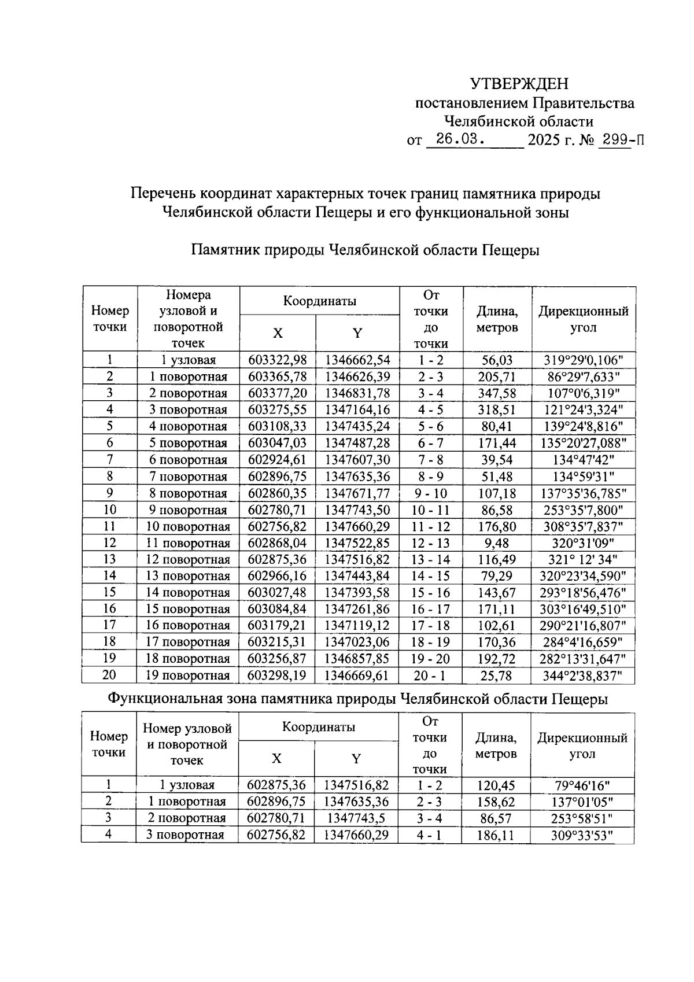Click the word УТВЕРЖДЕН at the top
(x=519, y=84)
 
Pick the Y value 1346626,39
(x=357, y=377)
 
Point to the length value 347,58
(x=497, y=394)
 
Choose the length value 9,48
(x=497, y=544)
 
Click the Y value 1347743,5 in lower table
(x=357, y=818)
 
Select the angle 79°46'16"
(x=582, y=785)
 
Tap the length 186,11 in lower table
(x=496, y=835)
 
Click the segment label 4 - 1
(x=430, y=835)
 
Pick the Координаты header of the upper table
(x=319, y=301)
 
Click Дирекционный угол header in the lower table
(x=582, y=745)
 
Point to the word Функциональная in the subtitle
(x=164, y=699)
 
